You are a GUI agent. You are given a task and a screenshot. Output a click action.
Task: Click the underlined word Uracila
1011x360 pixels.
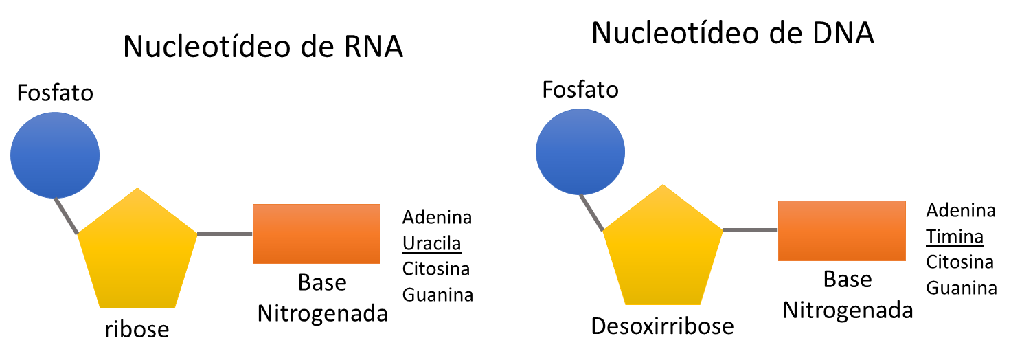pos(431,243)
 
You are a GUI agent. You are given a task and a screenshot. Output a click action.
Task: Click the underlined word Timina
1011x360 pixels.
pos(955,237)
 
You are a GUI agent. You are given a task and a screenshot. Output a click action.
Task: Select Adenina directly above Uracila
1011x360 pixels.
pos(437,218)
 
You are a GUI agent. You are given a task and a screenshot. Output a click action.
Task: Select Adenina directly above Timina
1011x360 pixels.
pos(961,211)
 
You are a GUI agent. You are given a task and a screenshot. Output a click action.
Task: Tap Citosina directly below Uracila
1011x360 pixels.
pos(436,269)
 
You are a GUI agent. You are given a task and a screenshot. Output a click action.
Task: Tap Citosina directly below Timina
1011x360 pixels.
pos(959,262)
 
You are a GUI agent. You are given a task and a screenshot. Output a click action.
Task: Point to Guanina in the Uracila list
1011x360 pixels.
pos(438,295)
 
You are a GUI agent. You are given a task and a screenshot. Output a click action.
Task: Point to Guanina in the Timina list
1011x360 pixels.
pos(962,289)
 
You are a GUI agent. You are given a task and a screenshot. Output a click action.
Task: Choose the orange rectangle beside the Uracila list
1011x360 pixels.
pos(316,234)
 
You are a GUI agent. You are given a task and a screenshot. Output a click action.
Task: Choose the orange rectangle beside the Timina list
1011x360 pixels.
pos(841,230)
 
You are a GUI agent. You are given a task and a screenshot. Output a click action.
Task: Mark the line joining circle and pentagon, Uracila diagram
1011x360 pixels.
pos(67,216)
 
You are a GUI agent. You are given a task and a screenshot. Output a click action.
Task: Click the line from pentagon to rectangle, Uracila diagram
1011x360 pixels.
pos(225,234)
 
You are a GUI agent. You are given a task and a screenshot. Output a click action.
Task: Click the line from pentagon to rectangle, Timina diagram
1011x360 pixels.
pos(750,230)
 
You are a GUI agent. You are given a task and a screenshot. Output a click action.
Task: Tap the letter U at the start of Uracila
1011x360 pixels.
pos(408,243)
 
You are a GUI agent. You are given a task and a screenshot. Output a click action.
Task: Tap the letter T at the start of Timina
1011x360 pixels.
pos(931,237)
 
